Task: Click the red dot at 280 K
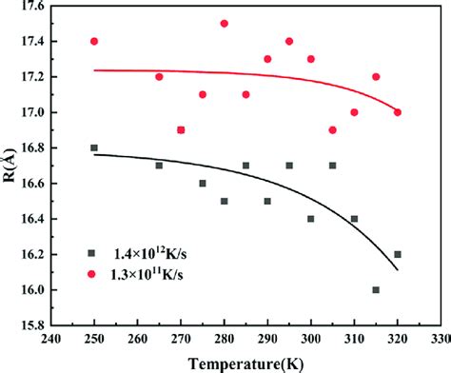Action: [225, 23]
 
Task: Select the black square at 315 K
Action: [376, 289]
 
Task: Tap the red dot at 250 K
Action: [94, 41]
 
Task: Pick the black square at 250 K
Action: [94, 147]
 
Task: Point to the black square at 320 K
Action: [398, 254]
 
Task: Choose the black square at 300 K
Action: [311, 219]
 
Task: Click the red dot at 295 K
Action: [289, 41]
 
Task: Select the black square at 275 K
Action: [203, 183]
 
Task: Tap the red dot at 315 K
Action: [376, 76]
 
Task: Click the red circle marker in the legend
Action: [92, 276]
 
